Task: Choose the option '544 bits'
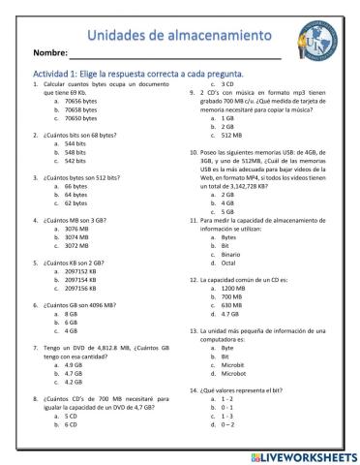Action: click(x=79, y=142)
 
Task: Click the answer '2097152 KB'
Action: click(x=87, y=269)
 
